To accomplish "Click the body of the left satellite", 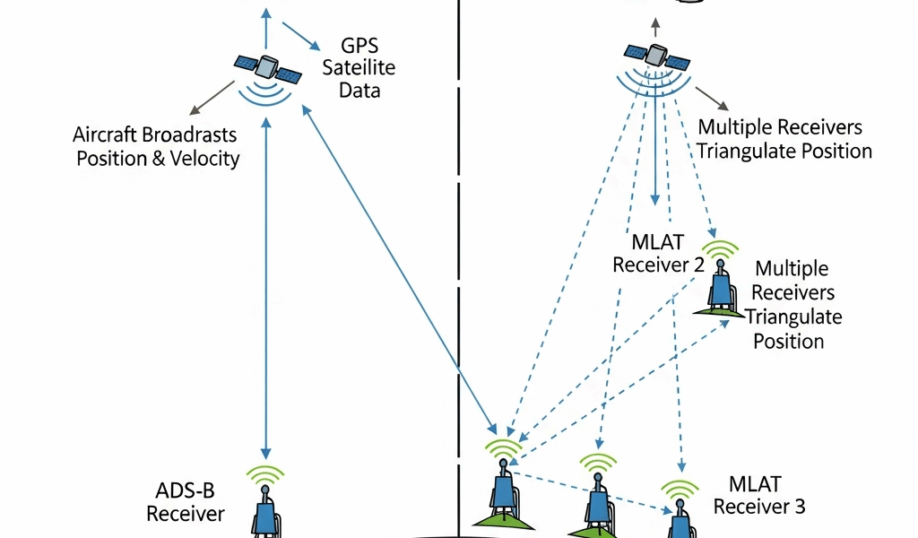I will point(266,66).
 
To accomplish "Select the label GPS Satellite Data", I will point(359,67).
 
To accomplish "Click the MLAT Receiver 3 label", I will point(758,495).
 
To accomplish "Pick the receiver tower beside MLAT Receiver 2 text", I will point(721,285).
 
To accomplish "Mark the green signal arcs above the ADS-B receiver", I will point(265,475).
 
